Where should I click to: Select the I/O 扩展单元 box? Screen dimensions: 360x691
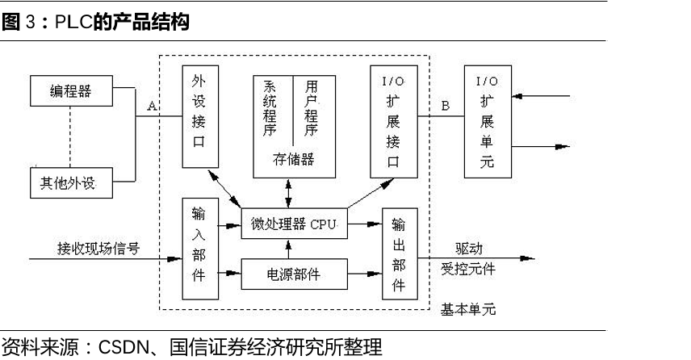point(488,121)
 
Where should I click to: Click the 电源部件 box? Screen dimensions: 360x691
point(293,274)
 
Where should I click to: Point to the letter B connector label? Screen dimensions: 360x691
point(445,106)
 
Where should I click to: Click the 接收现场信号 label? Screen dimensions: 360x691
point(98,248)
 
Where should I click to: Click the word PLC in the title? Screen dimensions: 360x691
point(70,23)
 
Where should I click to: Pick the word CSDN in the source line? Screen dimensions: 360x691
point(126,349)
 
